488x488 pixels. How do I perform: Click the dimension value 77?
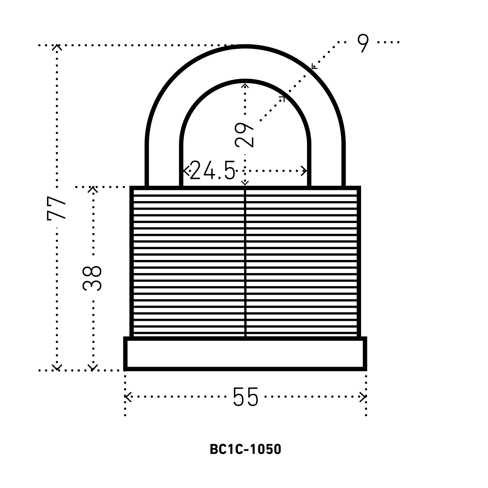[x=57, y=208]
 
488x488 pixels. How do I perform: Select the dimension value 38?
[x=92, y=278]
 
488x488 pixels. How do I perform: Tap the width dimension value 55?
[x=245, y=397]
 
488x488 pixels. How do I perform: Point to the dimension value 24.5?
[x=212, y=171]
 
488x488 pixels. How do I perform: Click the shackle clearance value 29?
[x=245, y=135]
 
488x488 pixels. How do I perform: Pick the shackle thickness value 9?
[x=363, y=43]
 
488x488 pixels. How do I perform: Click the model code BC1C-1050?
[x=245, y=450]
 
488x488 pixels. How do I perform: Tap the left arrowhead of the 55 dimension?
[x=127, y=397]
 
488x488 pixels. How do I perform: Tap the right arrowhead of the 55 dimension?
[x=364, y=397]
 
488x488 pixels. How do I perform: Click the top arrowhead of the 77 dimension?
[x=57, y=48]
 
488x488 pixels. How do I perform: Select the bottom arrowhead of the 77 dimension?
[x=57, y=367]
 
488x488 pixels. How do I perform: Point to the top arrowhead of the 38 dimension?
[x=92, y=189]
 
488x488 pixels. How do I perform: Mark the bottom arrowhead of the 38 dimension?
[x=92, y=367]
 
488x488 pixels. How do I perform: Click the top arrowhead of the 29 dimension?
[x=245, y=86]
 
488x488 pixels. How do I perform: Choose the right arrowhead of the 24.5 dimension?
[x=305, y=171]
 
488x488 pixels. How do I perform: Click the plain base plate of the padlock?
[x=245, y=354]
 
